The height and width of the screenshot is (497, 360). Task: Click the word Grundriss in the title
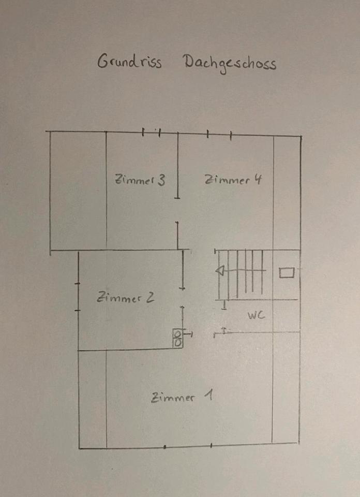[x=129, y=62]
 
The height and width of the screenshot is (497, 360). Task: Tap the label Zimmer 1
[x=182, y=398]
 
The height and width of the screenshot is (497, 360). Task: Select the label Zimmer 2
[x=126, y=298]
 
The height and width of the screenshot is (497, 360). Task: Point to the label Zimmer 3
[x=140, y=180]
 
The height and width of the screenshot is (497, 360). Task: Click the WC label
[x=256, y=315]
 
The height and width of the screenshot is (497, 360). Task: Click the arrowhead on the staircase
[x=220, y=270]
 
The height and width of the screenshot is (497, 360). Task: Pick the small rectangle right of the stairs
[x=287, y=272]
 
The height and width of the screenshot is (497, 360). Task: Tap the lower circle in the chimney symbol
[x=178, y=342]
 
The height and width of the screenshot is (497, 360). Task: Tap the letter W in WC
[x=251, y=315]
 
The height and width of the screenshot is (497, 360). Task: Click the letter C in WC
[x=262, y=315]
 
